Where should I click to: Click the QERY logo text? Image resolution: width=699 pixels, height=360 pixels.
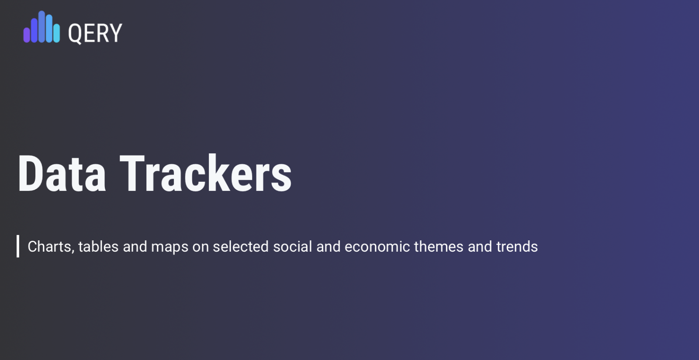click(x=95, y=33)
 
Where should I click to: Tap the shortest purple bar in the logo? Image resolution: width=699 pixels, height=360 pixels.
click(x=27, y=35)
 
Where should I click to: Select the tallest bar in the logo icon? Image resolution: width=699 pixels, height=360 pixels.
click(x=42, y=27)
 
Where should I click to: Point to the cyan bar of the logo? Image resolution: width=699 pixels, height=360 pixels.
click(x=56, y=33)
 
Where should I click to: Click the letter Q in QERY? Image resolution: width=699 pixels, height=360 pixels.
click(x=75, y=34)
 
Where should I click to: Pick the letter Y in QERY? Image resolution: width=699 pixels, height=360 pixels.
click(x=116, y=33)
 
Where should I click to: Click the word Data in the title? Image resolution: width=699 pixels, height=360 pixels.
click(x=62, y=173)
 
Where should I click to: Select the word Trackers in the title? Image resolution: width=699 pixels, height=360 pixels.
click(x=206, y=173)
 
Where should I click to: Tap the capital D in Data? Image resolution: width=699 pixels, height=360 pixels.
click(x=30, y=173)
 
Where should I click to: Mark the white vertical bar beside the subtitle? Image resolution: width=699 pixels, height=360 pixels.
click(x=18, y=246)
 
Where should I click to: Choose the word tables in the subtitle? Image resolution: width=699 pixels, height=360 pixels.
click(x=98, y=246)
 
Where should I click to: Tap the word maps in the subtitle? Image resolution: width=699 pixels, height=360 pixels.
click(x=170, y=247)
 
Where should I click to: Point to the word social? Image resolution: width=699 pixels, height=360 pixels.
click(x=292, y=246)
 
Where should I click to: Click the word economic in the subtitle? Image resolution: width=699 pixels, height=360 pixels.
click(x=377, y=246)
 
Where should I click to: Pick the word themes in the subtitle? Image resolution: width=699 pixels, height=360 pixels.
click(x=439, y=246)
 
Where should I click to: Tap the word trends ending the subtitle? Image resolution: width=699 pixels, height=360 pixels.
click(x=517, y=246)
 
